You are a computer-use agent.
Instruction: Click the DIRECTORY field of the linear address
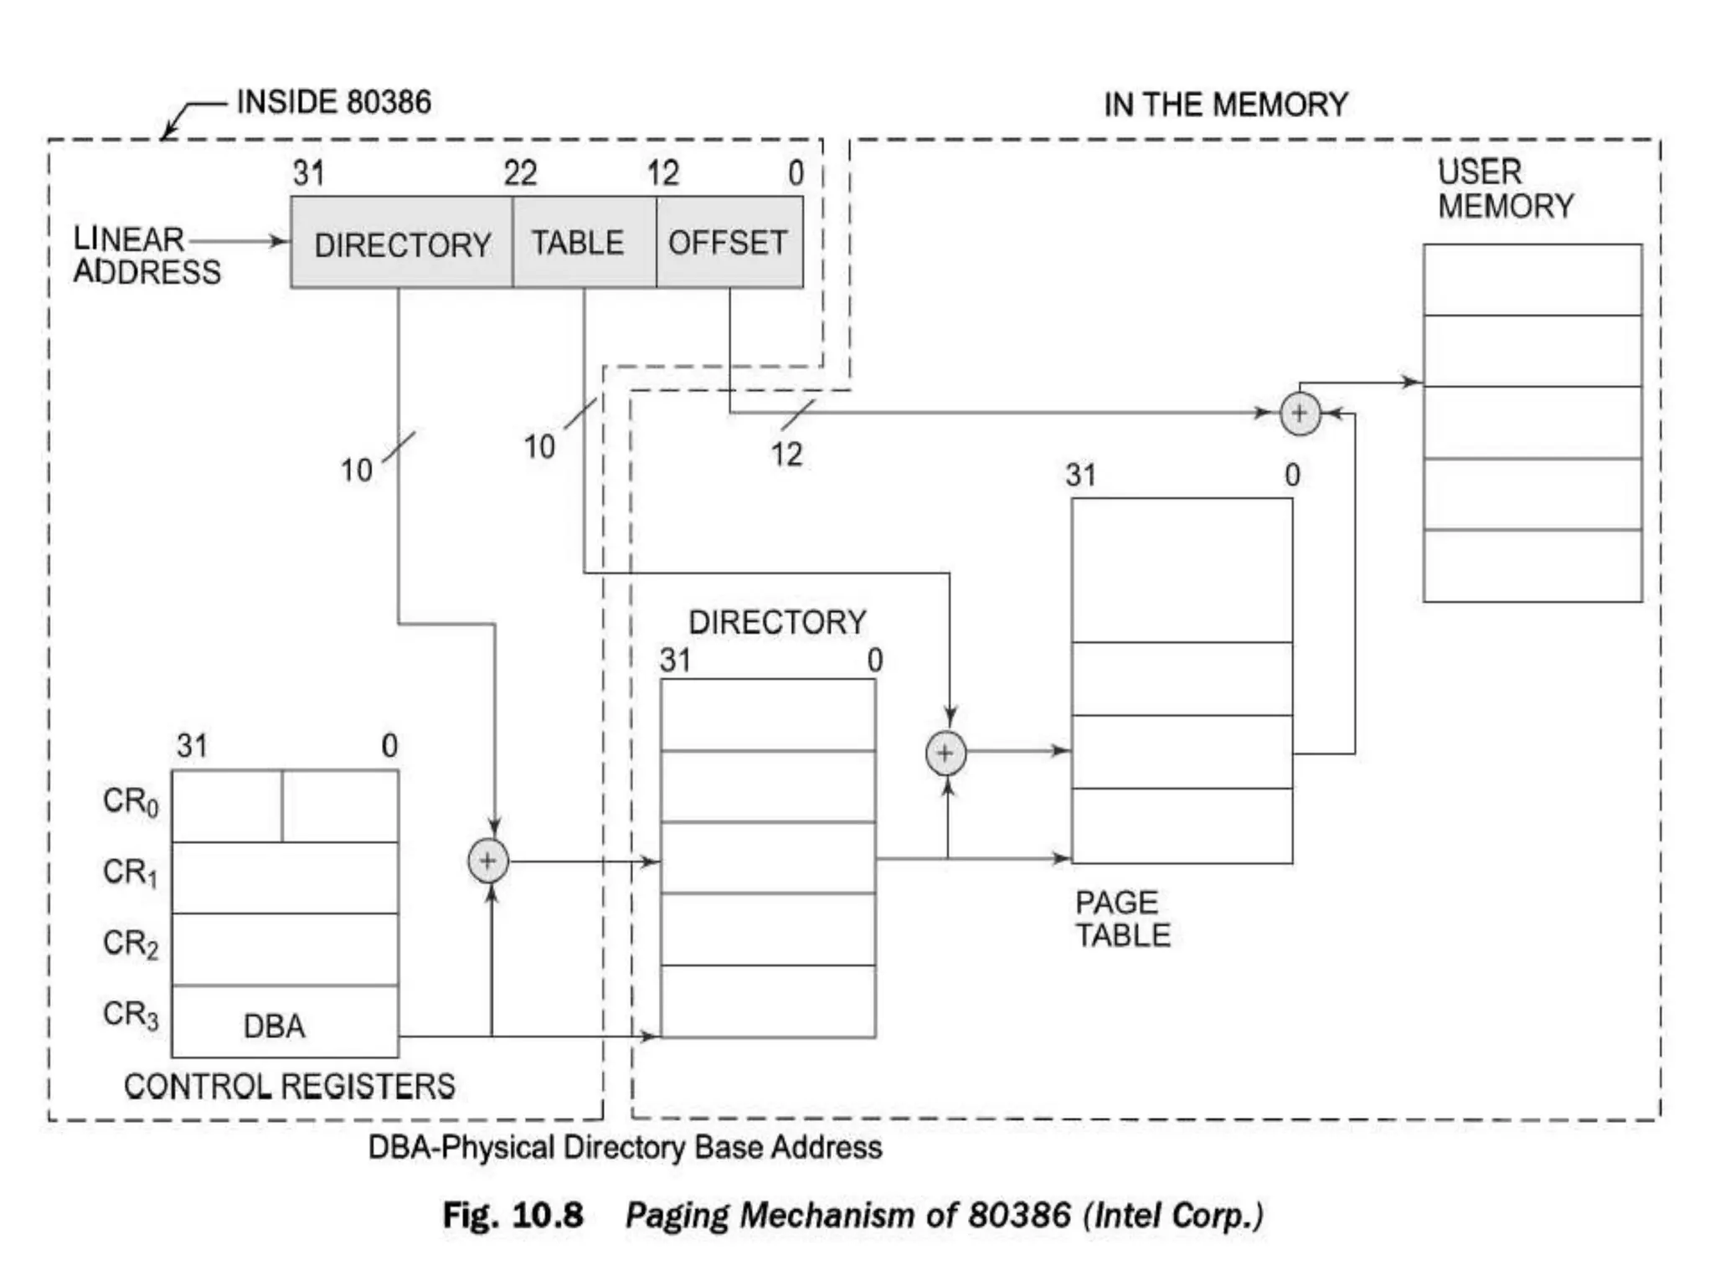tap(402, 244)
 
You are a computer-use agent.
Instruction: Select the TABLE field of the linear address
tap(578, 243)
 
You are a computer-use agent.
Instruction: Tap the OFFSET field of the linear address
tap(728, 243)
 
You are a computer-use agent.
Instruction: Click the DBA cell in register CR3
tap(274, 1026)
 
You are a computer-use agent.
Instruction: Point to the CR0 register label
tap(131, 801)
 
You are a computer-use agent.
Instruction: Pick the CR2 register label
tap(131, 944)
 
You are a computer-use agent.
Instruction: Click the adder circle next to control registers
tap(488, 861)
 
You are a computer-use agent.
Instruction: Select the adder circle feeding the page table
tap(945, 753)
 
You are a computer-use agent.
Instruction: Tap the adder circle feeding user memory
tap(1300, 414)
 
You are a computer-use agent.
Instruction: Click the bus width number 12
tap(786, 455)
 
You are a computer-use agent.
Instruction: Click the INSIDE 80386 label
tap(334, 102)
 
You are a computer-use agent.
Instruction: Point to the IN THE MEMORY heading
tap(1226, 105)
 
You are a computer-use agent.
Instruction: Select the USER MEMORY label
tap(1505, 189)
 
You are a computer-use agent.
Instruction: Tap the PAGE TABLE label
tap(1122, 918)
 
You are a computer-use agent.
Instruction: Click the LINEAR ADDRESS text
tap(147, 255)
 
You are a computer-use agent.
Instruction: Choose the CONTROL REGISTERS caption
tap(289, 1086)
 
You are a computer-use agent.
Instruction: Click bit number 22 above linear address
tap(520, 174)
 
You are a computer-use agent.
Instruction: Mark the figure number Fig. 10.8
tap(512, 1215)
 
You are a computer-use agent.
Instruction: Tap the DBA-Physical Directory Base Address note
tap(625, 1147)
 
